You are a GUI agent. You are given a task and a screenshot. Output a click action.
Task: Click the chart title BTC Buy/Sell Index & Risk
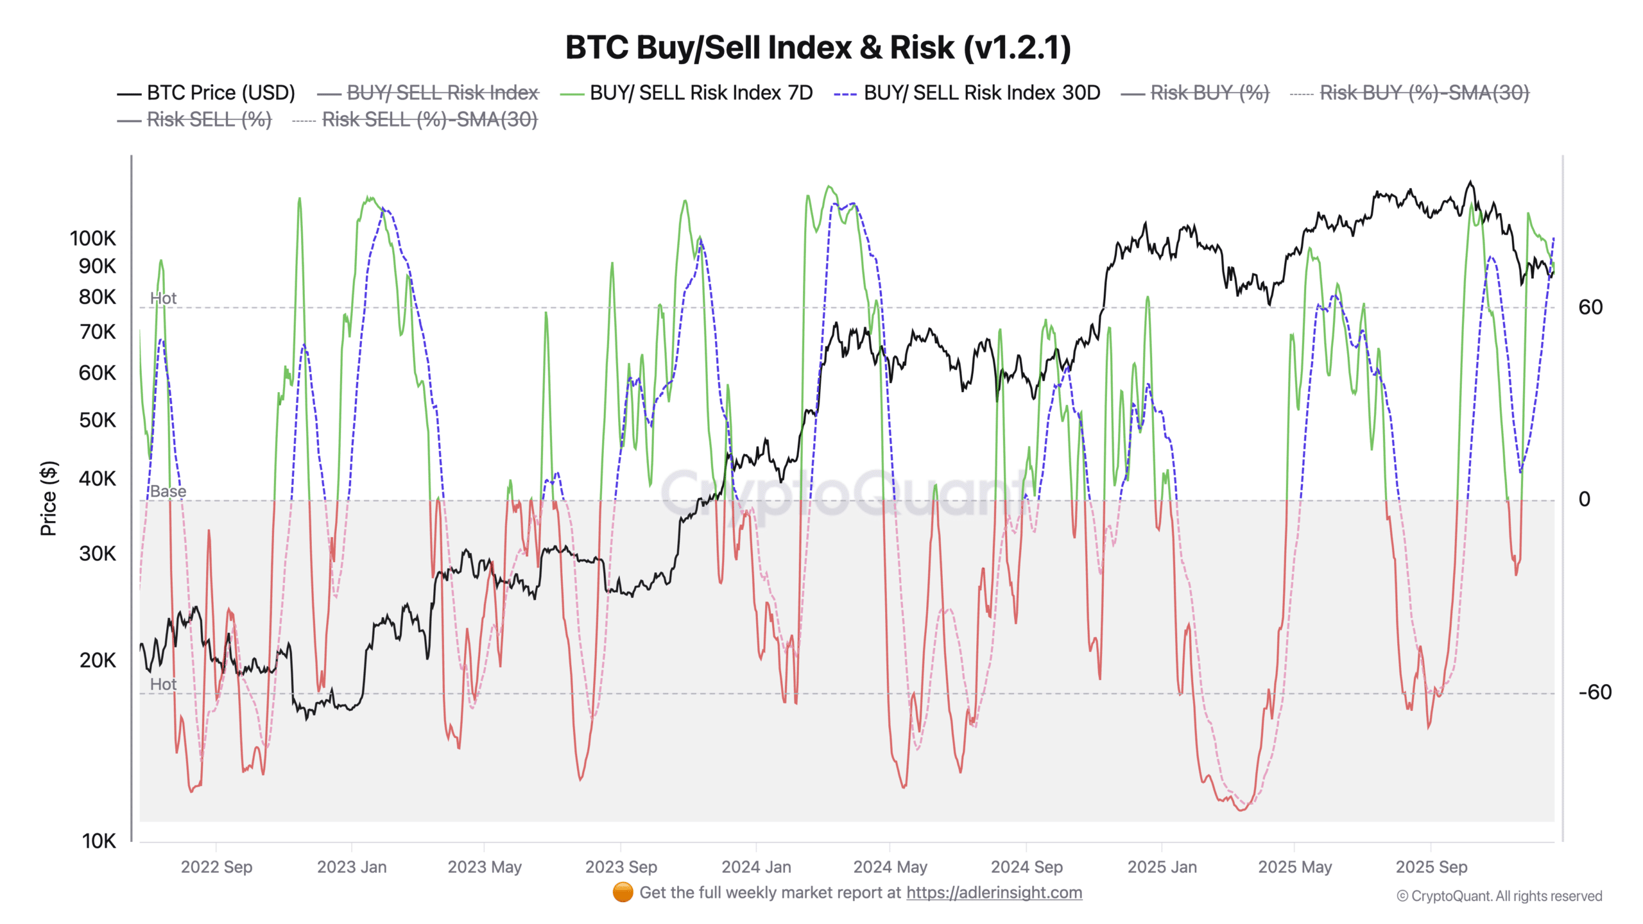818,47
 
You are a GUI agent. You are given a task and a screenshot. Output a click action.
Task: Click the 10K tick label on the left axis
98,841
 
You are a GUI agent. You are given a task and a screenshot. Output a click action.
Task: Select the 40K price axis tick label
97,479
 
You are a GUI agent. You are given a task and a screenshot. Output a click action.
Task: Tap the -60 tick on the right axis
1594,692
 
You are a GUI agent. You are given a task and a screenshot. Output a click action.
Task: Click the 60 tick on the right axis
1590,307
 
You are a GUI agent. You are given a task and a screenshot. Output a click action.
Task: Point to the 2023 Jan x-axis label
352,867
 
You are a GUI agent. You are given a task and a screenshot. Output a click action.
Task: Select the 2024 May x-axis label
890,867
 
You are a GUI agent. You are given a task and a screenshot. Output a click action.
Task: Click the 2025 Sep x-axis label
1431,867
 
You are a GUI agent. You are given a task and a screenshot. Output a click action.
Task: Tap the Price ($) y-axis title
49,498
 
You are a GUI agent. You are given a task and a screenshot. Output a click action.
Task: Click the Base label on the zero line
168,492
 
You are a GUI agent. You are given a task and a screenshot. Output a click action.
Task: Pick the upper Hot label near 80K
163,298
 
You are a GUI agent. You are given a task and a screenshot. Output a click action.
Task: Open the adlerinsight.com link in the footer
994,893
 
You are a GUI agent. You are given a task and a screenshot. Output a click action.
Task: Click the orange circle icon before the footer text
623,893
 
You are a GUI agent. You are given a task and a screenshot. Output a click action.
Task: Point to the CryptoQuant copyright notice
1499,896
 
